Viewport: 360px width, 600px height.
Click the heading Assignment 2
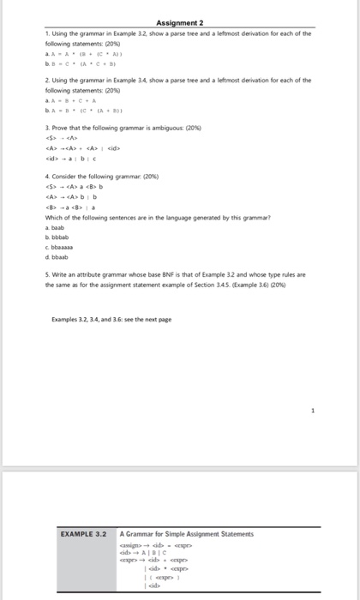(179, 23)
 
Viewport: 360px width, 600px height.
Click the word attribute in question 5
(94, 275)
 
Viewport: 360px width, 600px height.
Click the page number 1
(314, 410)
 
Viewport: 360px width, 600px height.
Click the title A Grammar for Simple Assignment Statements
(187, 533)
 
